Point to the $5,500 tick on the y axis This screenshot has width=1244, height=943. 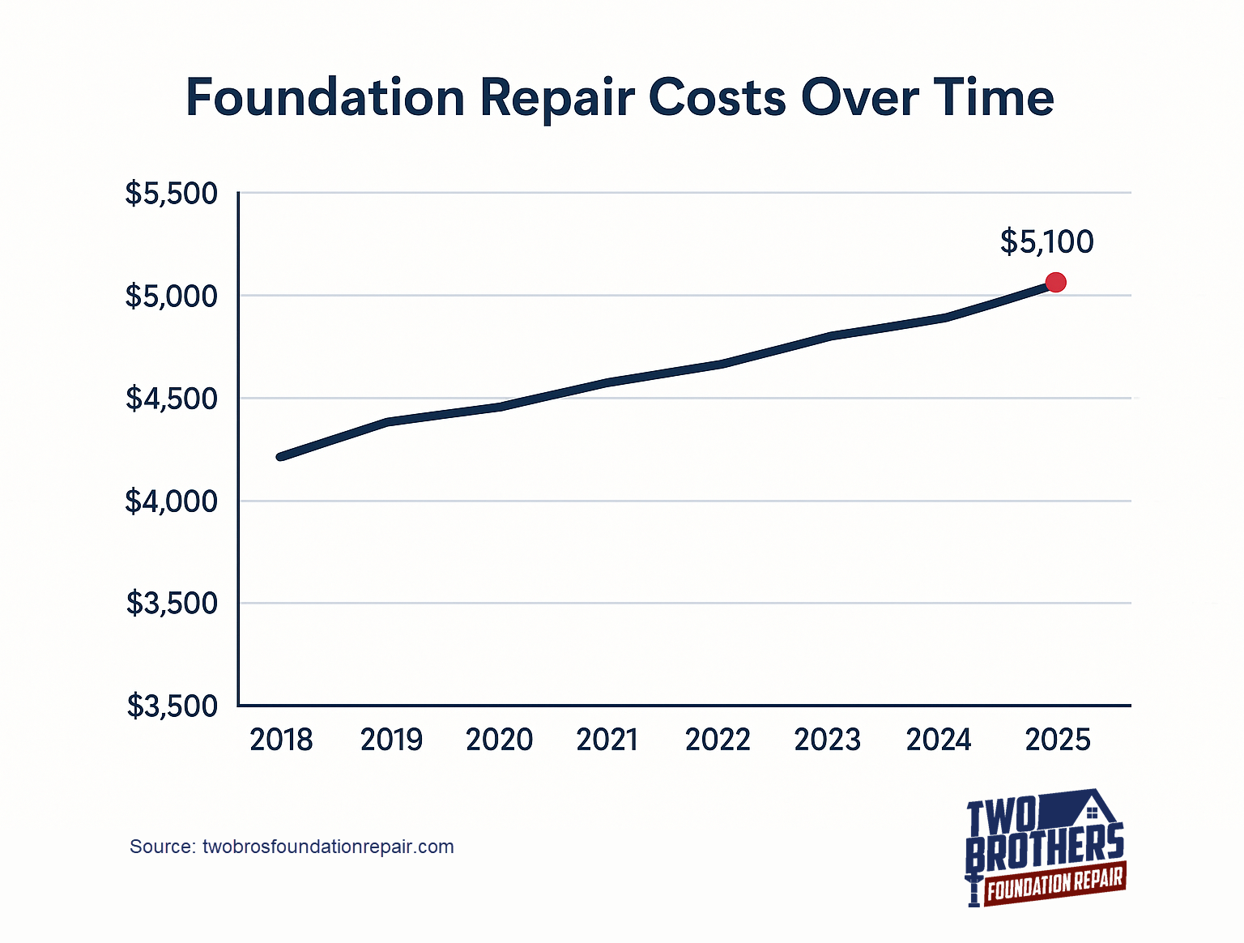172,194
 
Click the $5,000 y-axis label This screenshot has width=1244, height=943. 172,297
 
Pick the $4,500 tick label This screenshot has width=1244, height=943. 172,399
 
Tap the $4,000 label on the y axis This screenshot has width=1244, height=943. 172,501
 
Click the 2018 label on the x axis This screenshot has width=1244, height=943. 281,740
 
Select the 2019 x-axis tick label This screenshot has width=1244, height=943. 391,740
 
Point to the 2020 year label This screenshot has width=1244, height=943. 499,740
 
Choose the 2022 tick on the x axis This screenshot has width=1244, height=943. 718,740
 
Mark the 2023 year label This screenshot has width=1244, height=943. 827,740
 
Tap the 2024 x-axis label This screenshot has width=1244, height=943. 938,740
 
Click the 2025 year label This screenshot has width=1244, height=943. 1058,740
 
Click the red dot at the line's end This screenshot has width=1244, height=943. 1055,283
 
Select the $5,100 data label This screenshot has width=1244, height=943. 1046,241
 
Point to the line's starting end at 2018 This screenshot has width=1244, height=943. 281,457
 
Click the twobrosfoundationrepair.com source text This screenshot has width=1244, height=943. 327,847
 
